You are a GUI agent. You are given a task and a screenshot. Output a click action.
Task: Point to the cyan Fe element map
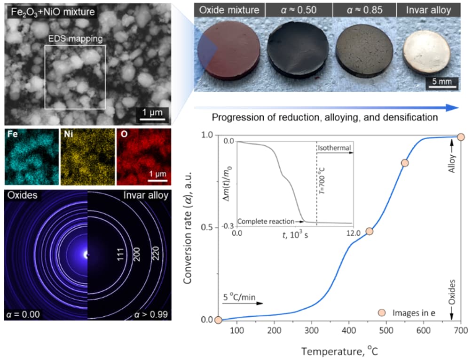(x=31, y=156)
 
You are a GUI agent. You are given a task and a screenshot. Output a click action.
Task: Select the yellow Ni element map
(x=88, y=156)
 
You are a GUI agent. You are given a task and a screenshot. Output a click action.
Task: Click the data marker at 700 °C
(x=461, y=137)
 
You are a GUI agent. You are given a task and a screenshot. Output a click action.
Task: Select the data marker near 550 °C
(x=405, y=163)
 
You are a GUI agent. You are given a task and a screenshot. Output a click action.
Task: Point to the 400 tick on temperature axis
(x=348, y=330)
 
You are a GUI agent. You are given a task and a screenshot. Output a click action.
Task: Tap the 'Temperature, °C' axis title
(x=339, y=351)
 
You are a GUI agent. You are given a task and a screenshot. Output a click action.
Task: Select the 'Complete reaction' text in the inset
(x=266, y=221)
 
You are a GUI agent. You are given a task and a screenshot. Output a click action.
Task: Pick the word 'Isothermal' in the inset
(x=333, y=148)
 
